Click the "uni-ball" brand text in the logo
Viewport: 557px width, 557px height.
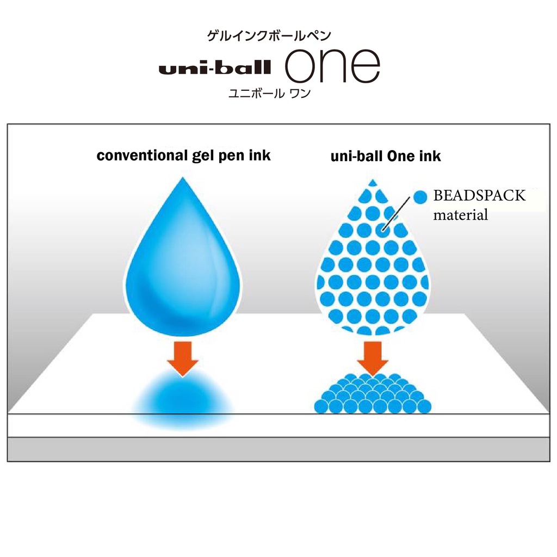tap(214, 68)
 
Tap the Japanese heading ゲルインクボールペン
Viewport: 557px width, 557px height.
tap(269, 36)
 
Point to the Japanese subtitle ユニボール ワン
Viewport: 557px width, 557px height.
tap(269, 93)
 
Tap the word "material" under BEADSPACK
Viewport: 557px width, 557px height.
tap(460, 215)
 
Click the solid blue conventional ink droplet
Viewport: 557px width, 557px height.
tap(183, 267)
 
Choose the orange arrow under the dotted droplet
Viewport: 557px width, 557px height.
tap(373, 356)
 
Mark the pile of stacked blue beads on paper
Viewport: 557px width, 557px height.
tap(373, 394)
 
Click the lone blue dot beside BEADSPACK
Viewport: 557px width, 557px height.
tap(420, 196)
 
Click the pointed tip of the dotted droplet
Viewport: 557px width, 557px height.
tap(373, 181)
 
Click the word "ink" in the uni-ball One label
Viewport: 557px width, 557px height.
tap(430, 157)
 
